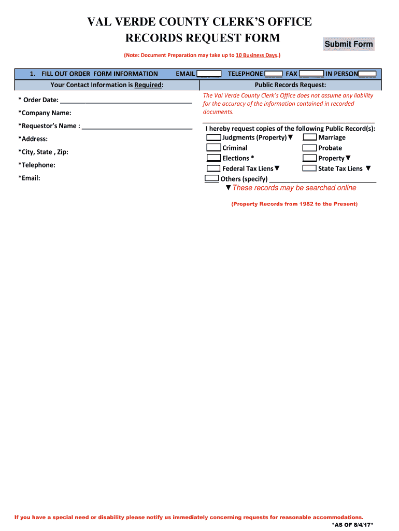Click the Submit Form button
(x=348, y=44)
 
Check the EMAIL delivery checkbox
(x=209, y=74)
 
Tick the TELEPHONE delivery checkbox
(x=273, y=74)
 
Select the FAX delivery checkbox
(x=311, y=74)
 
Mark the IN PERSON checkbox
(x=367, y=74)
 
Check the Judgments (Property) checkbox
(x=213, y=137)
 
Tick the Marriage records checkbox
(x=310, y=137)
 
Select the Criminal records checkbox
(x=213, y=148)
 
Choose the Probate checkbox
(x=310, y=148)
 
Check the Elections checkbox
(x=213, y=158)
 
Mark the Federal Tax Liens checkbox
(x=213, y=169)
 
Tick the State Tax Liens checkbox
(x=310, y=169)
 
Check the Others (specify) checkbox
(x=211, y=178)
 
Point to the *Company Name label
(x=45, y=113)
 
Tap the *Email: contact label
(x=29, y=178)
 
